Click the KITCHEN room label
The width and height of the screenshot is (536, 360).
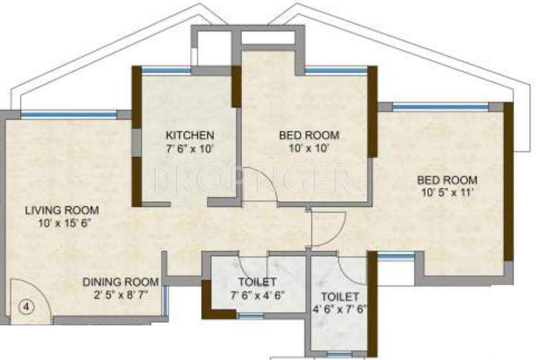[x=189, y=135]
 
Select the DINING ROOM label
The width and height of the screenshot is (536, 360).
[x=120, y=282]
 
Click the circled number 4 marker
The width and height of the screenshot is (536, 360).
[x=25, y=306]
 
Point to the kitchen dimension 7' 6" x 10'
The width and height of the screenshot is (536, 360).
[x=189, y=149]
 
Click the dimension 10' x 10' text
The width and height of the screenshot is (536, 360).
[x=309, y=149]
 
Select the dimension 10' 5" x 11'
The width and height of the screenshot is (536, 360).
[x=447, y=193]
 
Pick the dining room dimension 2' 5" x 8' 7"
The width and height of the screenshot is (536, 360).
[x=120, y=295]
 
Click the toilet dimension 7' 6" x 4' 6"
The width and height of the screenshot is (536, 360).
[x=257, y=295]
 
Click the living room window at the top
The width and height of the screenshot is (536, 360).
[x=69, y=115]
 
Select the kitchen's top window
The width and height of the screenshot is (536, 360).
[x=166, y=70]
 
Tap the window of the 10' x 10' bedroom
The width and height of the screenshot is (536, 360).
[x=335, y=70]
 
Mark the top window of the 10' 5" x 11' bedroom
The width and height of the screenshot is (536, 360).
[x=440, y=106]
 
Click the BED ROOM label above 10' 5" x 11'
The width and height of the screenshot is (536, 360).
[x=447, y=180]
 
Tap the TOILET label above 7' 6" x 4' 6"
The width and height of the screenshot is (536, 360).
[x=257, y=281]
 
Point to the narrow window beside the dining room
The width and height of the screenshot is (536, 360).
[x=165, y=302]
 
